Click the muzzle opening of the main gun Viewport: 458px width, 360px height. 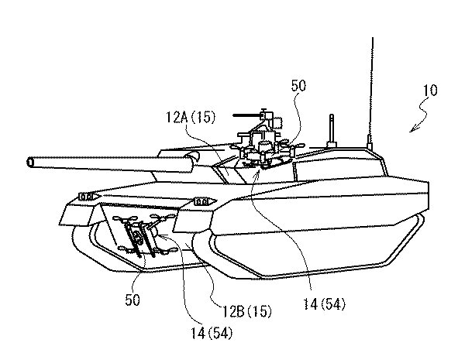[30, 163]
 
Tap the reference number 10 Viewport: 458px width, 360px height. [430, 91]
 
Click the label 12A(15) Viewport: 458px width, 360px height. [191, 117]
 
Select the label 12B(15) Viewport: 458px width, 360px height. [247, 311]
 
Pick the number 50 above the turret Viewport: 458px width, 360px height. [298, 86]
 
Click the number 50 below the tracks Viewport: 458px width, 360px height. [133, 300]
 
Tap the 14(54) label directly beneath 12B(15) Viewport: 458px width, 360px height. [212, 333]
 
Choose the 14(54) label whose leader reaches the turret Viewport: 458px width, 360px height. [324, 304]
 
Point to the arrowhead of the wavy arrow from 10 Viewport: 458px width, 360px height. [412, 129]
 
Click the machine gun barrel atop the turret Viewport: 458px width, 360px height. [247, 115]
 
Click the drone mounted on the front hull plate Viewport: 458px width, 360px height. [143, 233]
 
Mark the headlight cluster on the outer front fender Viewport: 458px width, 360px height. [87, 197]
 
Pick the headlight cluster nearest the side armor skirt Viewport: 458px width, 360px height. [201, 201]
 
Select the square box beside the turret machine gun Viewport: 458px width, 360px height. [277, 122]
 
